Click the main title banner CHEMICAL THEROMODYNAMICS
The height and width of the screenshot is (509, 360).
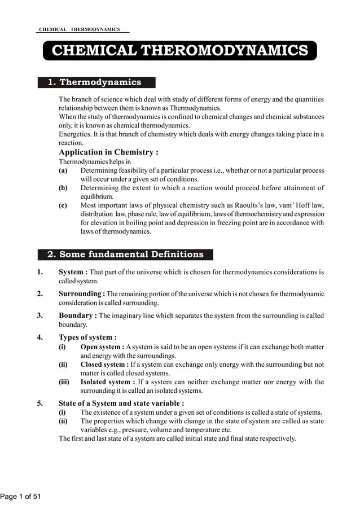(x=180, y=50)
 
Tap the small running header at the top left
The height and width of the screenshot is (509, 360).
(x=80, y=29)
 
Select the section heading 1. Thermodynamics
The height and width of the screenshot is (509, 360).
(x=94, y=82)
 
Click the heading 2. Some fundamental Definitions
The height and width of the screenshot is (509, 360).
(x=125, y=254)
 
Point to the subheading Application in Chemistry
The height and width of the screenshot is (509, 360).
(x=108, y=152)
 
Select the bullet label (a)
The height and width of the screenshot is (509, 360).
(x=63, y=170)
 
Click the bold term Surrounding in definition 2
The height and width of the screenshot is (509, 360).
(x=81, y=293)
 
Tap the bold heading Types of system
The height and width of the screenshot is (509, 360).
(x=87, y=337)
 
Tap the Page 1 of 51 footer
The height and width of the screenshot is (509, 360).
(x=21, y=497)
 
